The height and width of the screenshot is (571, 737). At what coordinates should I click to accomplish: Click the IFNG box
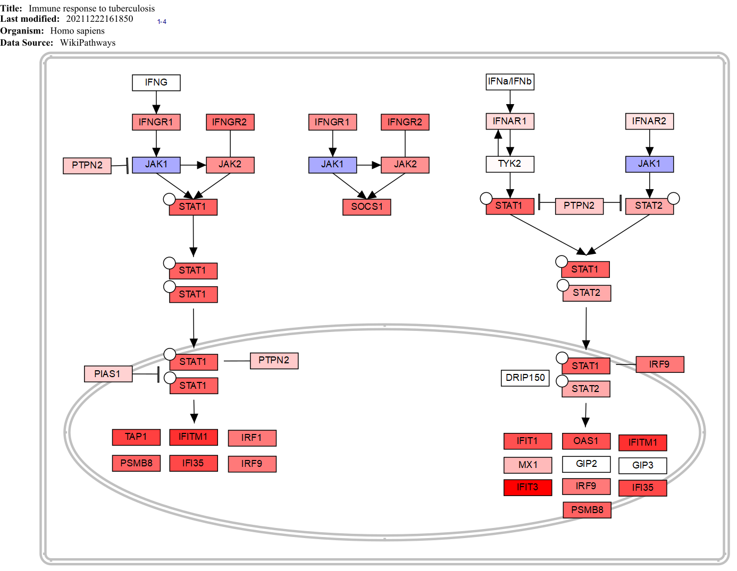156,83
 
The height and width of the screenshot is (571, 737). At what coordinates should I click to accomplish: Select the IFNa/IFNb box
509,82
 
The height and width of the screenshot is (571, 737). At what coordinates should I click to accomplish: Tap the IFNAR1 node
509,121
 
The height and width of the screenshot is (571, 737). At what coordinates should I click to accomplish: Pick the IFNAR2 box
649,121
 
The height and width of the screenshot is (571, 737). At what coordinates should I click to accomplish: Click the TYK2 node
509,164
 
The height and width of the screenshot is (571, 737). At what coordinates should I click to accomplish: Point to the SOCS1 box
366,207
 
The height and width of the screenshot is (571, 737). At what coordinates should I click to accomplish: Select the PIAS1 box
108,374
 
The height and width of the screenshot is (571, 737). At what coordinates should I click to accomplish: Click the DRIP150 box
525,378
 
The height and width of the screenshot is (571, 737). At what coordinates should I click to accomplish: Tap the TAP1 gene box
136,437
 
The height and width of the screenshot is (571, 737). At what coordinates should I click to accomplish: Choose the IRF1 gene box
252,438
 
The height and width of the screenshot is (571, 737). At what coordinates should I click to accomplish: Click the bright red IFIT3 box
527,487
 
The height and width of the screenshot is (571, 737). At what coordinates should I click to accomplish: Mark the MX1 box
527,465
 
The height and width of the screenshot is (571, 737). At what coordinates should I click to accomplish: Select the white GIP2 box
586,464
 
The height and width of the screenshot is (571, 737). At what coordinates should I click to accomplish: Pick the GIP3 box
642,465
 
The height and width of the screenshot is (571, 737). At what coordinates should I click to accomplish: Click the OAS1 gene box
586,441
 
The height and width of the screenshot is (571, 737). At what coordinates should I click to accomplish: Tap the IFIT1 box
527,441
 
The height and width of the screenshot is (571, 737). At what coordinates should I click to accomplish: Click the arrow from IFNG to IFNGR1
156,103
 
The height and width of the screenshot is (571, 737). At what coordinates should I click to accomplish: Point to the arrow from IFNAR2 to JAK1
649,143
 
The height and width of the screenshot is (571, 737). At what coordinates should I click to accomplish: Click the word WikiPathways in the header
88,43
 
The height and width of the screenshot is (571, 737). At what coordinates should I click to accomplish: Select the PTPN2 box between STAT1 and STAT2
579,206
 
